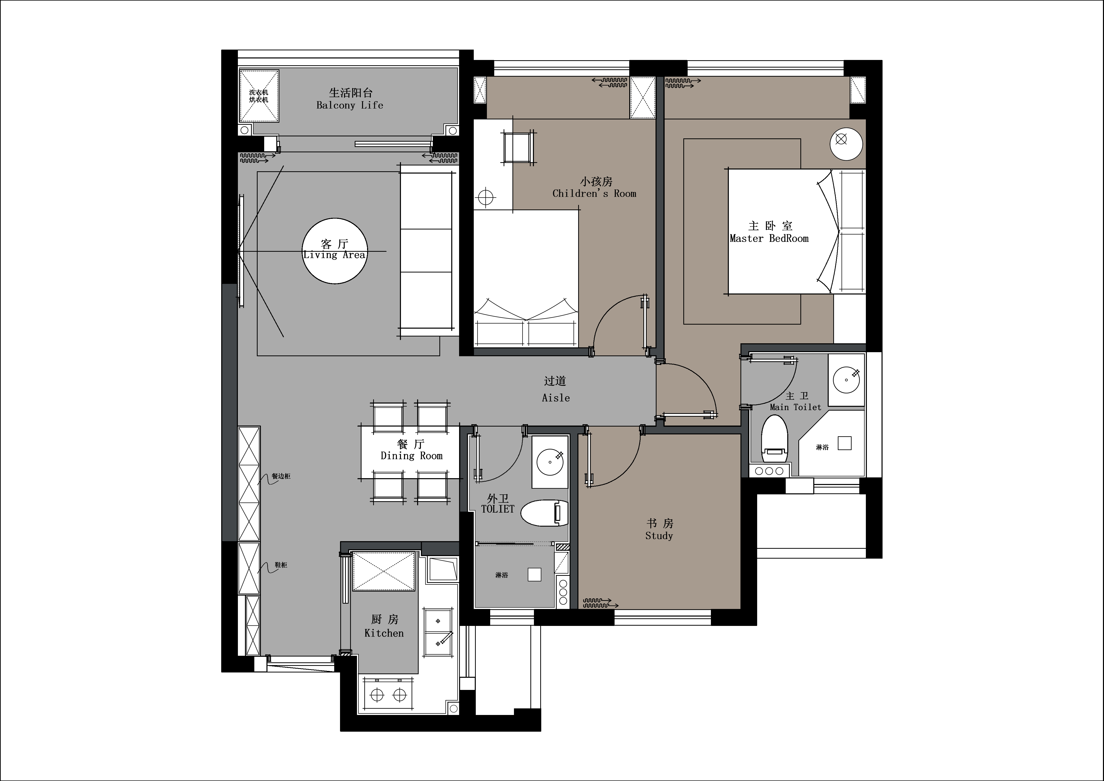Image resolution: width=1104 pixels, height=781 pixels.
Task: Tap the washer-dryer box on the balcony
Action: click(259, 96)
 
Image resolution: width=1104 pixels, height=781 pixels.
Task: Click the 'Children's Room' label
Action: click(594, 194)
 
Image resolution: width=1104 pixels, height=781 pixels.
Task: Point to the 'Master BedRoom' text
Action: click(769, 238)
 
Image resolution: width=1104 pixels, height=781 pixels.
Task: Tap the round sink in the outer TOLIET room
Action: click(550, 462)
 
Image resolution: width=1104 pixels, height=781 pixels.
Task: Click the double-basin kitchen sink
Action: click(438, 632)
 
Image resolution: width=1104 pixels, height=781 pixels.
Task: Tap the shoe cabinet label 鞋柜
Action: click(281, 565)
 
